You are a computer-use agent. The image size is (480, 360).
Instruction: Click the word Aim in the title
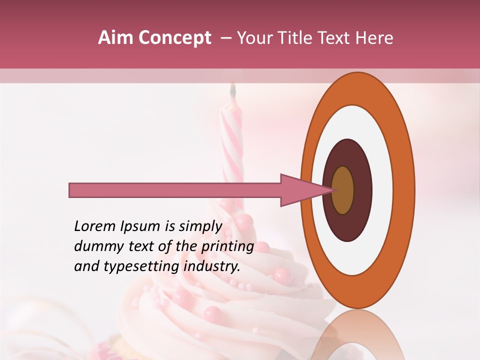(114, 38)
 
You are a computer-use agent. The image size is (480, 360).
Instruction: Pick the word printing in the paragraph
(227, 246)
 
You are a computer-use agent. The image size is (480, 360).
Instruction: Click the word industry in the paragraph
(212, 266)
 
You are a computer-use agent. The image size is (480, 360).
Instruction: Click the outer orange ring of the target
(405, 190)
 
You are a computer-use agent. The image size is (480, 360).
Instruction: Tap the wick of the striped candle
(232, 90)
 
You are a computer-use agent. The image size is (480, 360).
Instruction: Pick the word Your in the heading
(253, 38)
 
